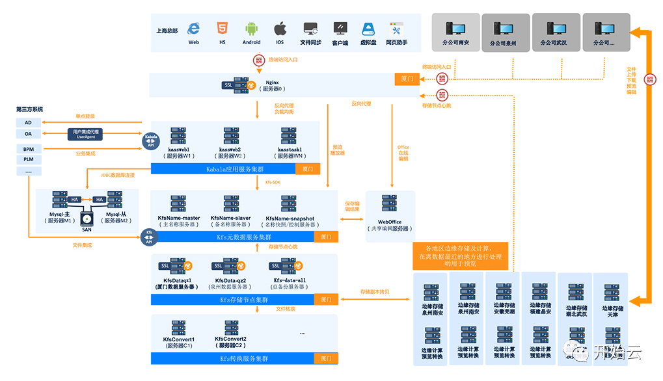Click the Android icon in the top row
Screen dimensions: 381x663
(252, 29)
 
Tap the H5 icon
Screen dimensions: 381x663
(222, 29)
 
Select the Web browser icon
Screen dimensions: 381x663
(193, 29)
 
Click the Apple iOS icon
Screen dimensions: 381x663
(280, 29)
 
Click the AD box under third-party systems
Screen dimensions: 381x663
(28, 122)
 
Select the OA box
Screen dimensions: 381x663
(28, 134)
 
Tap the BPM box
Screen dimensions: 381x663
(28, 149)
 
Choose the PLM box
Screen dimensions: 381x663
(28, 159)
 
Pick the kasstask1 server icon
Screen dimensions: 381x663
(290, 136)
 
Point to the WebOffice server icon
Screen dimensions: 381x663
(390, 205)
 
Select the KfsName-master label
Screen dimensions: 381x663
(179, 218)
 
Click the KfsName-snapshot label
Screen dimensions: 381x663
(290, 218)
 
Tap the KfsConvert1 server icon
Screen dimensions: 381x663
(179, 328)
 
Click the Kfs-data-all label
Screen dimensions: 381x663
(290, 280)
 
